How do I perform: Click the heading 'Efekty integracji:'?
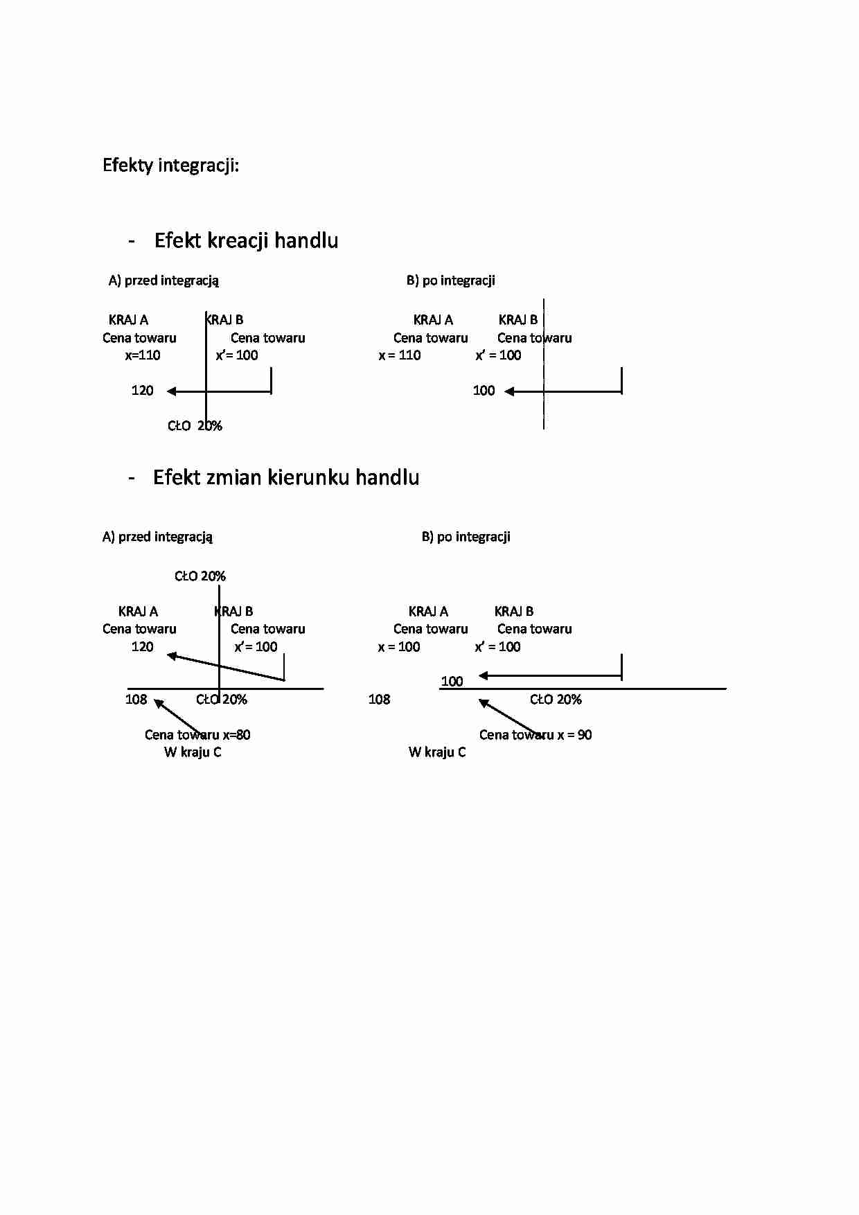170,166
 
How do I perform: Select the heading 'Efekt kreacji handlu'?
246,240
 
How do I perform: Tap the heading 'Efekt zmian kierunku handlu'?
286,477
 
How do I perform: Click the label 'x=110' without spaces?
143,355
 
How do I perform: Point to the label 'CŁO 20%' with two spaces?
195,426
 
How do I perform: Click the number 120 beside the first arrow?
142,391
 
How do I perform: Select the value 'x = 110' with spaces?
400,355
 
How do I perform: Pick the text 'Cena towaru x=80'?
197,735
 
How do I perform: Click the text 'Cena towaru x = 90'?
535,735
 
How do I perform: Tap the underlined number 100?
452,682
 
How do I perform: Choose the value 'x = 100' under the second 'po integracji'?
399,647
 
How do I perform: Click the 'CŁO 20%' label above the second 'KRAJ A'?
200,576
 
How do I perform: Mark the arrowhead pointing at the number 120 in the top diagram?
171,391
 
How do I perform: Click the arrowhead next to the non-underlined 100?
509,391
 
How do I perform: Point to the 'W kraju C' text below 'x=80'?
193,752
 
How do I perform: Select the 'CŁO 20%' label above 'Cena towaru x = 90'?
556,700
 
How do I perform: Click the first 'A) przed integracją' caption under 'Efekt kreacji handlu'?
163,281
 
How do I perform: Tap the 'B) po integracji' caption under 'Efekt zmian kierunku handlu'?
466,537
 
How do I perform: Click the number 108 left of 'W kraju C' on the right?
379,700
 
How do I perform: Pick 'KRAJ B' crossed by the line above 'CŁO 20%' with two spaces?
224,320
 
